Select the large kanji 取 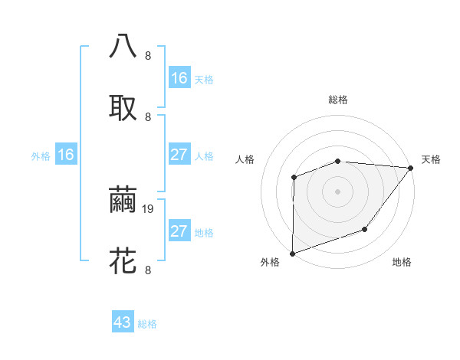(x=123, y=107)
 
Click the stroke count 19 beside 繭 (x=150, y=208)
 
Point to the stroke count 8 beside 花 (x=148, y=270)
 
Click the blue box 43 (x=123, y=322)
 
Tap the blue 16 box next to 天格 (x=179, y=77)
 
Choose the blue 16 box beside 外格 (x=66, y=155)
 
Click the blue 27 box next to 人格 (x=179, y=155)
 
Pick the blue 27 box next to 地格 (x=179, y=231)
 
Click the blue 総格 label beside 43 (x=147, y=324)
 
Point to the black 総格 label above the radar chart (x=338, y=100)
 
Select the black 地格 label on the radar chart (x=402, y=262)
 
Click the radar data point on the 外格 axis (x=292, y=253)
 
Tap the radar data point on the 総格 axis (x=338, y=161)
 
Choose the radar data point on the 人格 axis (x=294, y=178)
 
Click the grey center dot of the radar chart (x=338, y=191)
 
